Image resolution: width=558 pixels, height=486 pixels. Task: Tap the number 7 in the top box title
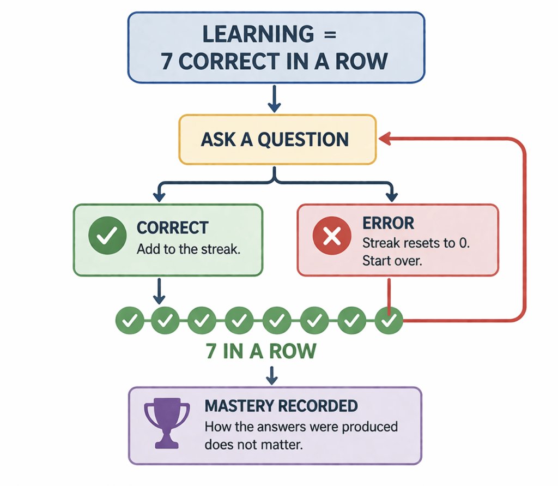167,61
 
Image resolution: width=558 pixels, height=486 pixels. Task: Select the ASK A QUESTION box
277,139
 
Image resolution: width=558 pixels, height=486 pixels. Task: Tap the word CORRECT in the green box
172,227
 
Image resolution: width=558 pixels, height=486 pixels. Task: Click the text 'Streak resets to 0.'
416,242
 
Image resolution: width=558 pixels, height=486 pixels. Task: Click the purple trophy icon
166,422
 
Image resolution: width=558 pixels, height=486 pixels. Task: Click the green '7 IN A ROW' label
261,351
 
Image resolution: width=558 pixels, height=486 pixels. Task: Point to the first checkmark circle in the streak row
130,321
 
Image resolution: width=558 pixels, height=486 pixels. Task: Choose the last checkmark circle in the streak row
389,321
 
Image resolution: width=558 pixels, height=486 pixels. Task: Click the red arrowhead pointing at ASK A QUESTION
385,139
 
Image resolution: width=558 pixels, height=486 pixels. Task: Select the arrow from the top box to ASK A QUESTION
275,99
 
